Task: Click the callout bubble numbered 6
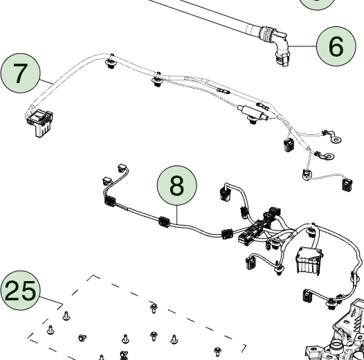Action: (x=336, y=46)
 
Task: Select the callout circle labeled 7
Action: (x=21, y=73)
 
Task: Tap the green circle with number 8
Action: (x=177, y=186)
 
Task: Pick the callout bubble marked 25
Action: (x=21, y=290)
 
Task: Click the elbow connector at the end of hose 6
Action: (x=281, y=48)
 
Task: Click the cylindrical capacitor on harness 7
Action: (x=253, y=112)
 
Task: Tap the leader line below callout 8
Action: (x=177, y=215)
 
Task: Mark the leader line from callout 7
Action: (x=46, y=82)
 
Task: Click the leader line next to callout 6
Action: (x=302, y=46)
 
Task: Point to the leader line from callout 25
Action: (x=51, y=300)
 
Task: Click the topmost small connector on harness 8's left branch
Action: (x=122, y=168)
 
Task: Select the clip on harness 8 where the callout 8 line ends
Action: (x=164, y=222)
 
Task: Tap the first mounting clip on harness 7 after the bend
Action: (x=111, y=63)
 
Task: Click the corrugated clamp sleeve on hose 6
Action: (x=266, y=35)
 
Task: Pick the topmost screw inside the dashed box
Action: (x=154, y=308)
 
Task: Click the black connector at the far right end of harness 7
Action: (x=347, y=185)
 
